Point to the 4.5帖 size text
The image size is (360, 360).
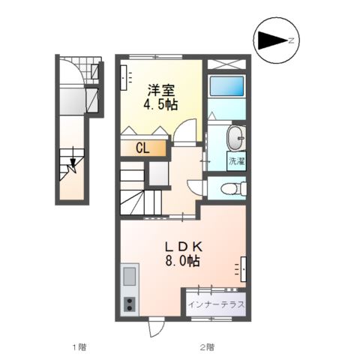point(160,104)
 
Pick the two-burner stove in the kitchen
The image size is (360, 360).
point(128,304)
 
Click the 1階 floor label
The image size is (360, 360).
point(79,346)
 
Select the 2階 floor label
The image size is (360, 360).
point(206,346)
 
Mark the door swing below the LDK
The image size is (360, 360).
point(155,328)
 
